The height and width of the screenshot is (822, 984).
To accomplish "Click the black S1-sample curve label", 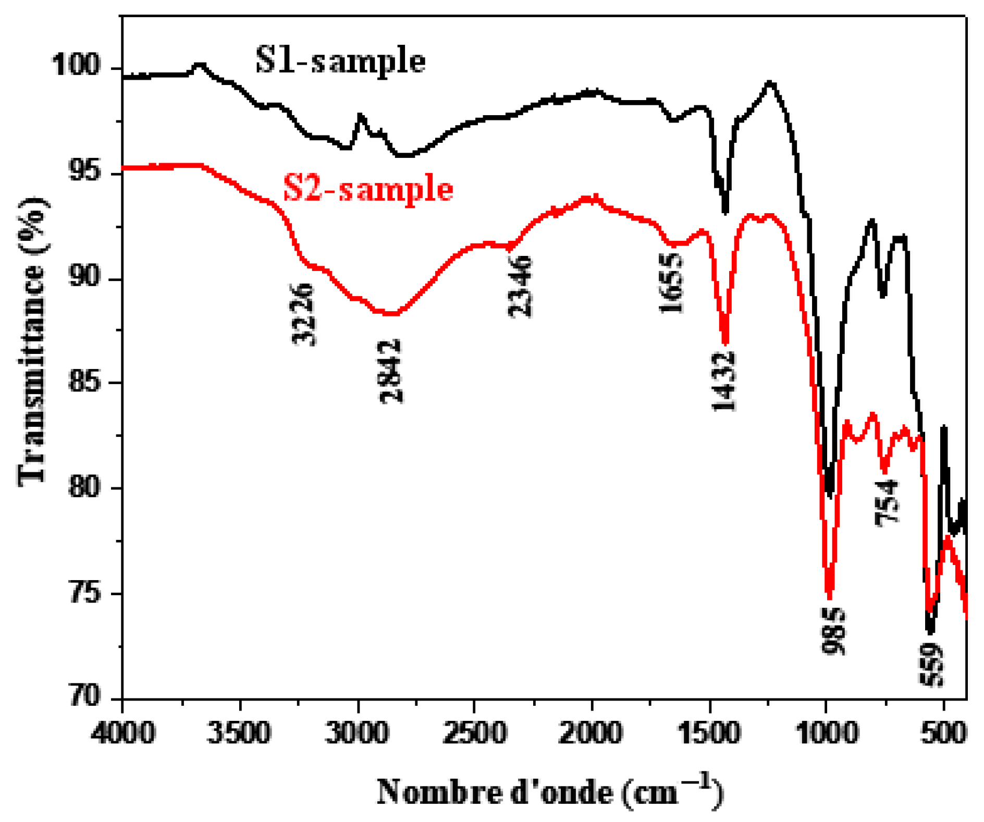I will [x=340, y=62].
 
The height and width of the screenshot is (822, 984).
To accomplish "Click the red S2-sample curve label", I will [x=368, y=189].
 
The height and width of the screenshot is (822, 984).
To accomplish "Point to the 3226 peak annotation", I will [x=303, y=314].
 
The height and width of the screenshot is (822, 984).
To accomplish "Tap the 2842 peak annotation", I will [x=390, y=371].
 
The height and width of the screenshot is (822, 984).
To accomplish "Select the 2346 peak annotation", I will [x=520, y=287].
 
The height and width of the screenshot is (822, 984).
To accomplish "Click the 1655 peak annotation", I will [x=671, y=283].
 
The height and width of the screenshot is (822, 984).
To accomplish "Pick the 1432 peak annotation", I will [x=724, y=382].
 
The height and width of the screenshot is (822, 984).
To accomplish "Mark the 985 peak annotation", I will [x=833, y=631].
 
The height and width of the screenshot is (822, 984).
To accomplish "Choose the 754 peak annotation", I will [x=887, y=503].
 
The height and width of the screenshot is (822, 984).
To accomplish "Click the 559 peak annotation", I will [x=931, y=665].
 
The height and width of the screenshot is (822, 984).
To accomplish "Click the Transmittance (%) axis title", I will [x=32, y=341].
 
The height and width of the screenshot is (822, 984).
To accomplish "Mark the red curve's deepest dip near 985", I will [x=829, y=597].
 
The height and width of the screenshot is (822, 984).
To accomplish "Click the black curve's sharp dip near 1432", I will [x=725, y=211].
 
